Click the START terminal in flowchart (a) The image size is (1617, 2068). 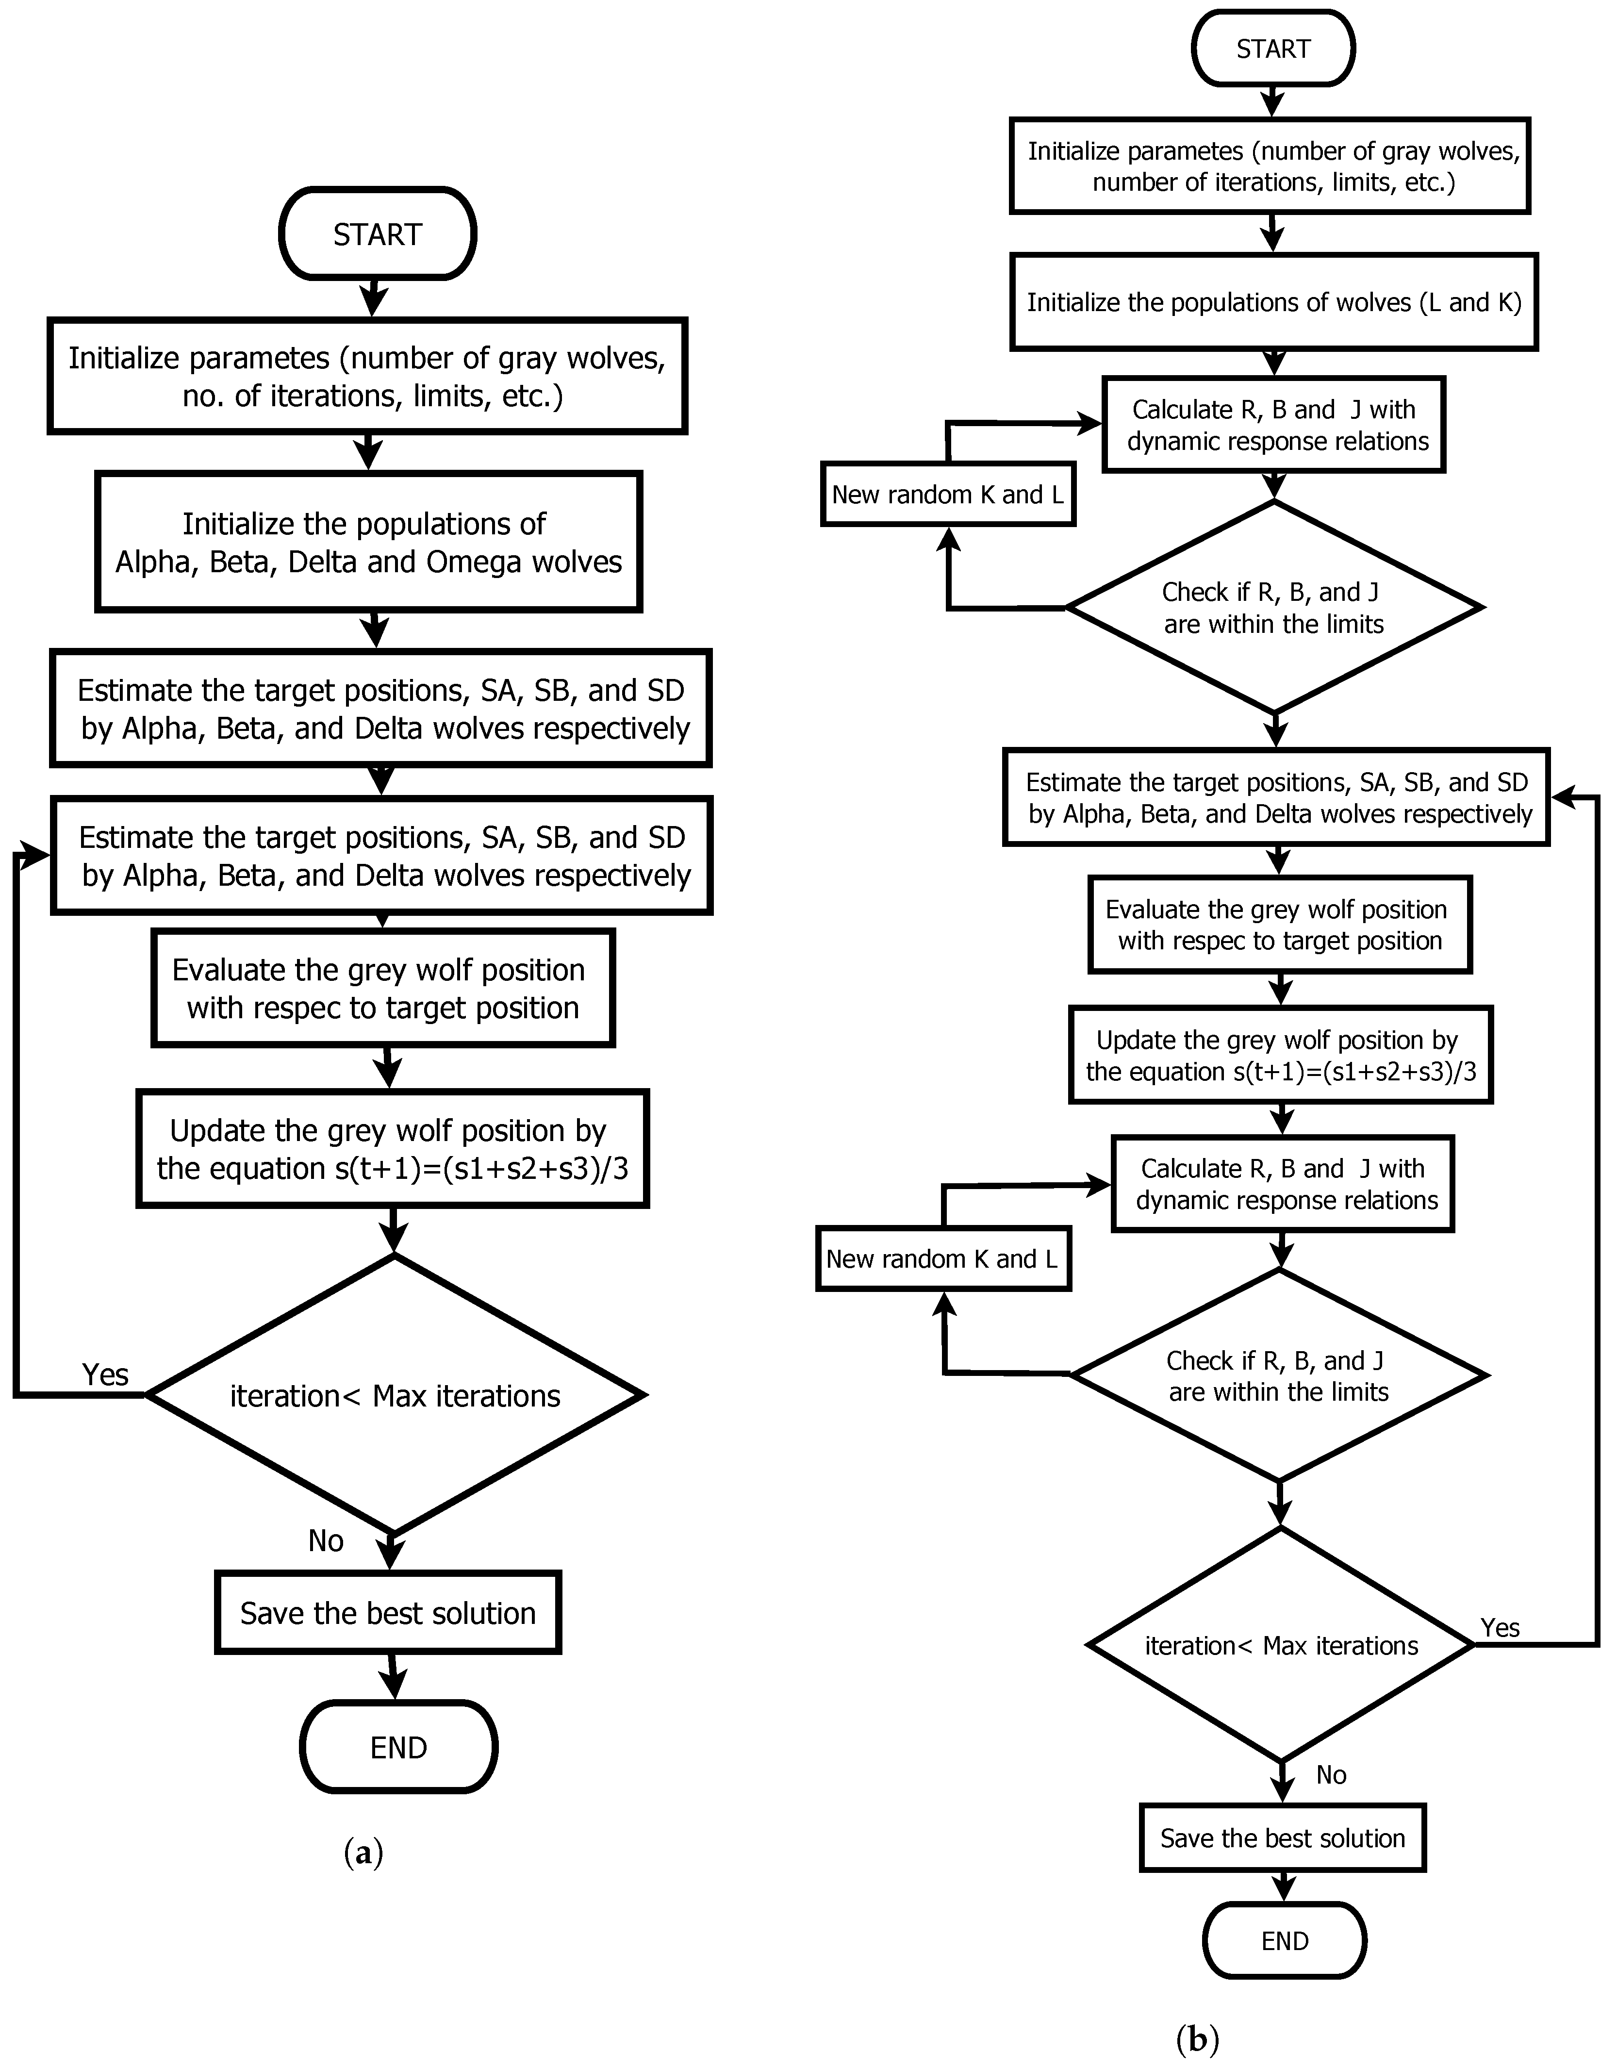377,234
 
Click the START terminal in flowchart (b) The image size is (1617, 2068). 1273,49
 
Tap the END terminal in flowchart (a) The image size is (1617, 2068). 398,1747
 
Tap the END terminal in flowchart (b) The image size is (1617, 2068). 1285,1940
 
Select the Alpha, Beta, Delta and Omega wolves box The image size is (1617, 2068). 368,543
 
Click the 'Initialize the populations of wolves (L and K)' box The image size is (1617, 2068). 1273,302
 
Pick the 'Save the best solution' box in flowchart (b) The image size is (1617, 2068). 1283,1838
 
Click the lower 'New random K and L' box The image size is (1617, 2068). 943,1258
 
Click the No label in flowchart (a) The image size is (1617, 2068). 326,1540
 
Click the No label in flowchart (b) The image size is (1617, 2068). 1331,1774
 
